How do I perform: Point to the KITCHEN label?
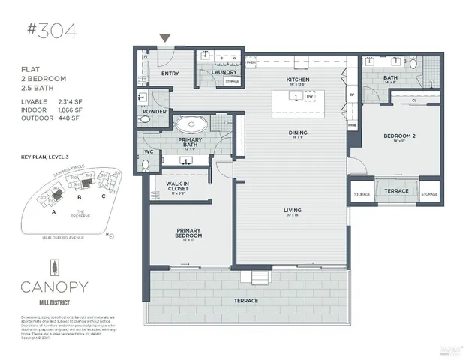point(299,80)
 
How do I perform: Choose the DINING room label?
point(299,132)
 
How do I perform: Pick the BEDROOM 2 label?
point(395,137)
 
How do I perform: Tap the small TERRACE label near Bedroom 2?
point(395,191)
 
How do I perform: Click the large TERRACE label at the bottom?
point(246,300)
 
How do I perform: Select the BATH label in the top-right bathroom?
point(390,77)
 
